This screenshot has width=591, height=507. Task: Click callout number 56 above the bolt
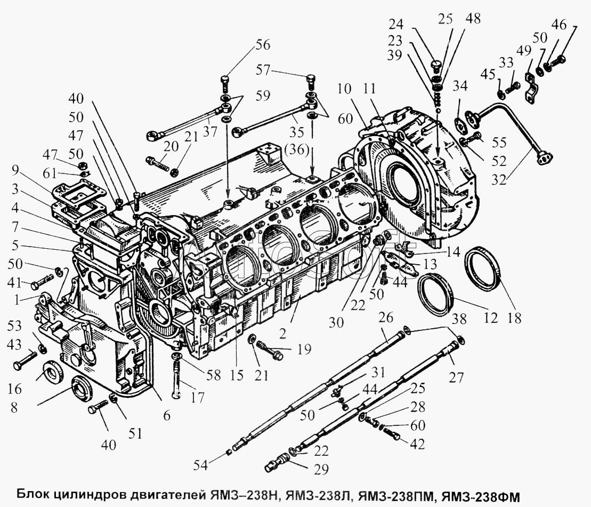click(x=262, y=45)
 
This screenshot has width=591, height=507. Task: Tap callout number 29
click(x=321, y=469)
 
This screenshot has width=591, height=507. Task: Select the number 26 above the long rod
click(x=386, y=318)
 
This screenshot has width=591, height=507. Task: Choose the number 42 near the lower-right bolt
click(x=419, y=443)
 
